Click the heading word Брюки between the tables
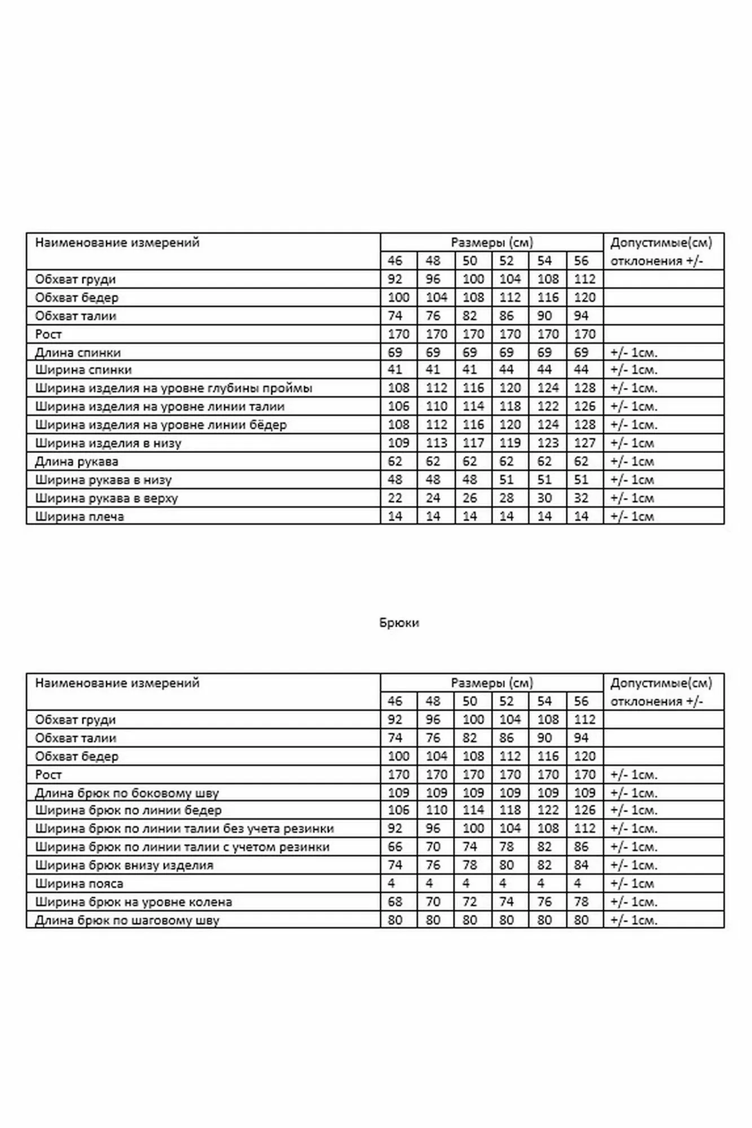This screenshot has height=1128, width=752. (399, 623)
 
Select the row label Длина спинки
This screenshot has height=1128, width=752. (78, 352)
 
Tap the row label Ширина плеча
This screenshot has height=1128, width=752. (80, 516)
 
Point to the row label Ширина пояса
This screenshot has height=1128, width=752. (79, 883)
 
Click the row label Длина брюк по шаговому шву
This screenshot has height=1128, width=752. (127, 920)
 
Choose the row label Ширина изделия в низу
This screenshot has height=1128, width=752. (108, 443)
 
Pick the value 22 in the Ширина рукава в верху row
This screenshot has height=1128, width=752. (395, 498)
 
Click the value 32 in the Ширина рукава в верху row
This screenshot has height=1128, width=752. (581, 498)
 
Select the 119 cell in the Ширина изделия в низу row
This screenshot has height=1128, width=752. (509, 443)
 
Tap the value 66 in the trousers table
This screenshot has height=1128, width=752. (395, 847)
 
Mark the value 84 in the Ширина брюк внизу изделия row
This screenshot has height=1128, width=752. (581, 865)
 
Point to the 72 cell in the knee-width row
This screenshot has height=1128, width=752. (469, 901)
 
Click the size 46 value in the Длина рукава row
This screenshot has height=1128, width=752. (395, 461)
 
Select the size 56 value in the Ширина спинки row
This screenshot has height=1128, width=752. (581, 369)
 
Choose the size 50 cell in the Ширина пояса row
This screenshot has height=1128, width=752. (466, 883)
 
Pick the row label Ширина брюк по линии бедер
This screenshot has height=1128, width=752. (128, 810)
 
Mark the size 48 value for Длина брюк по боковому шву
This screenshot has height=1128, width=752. (436, 792)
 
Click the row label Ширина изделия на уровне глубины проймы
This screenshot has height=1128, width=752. (174, 388)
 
